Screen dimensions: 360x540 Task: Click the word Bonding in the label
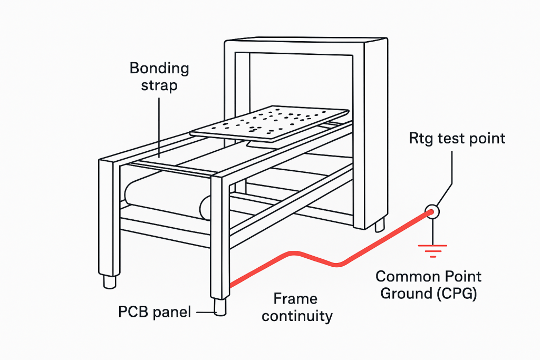[x=159, y=68]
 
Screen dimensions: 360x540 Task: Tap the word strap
[x=159, y=85]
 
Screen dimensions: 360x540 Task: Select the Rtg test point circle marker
[x=432, y=212]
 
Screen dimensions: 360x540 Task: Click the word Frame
[x=295, y=299]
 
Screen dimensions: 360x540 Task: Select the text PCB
[x=132, y=312]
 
